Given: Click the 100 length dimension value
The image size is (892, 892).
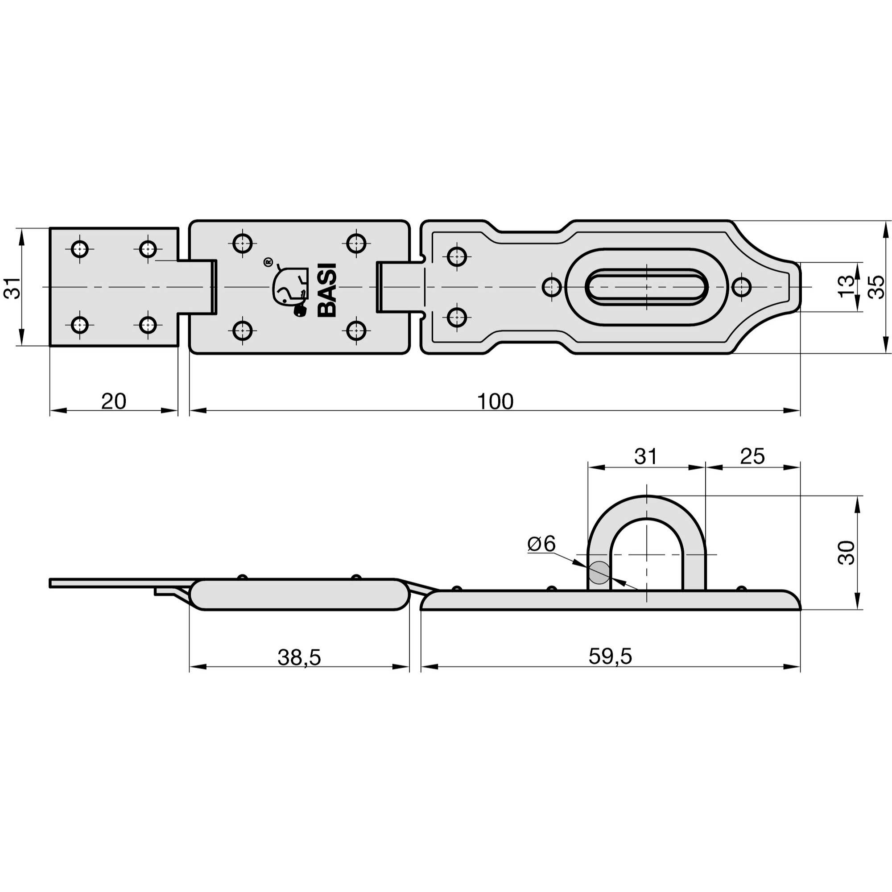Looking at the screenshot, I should click(x=495, y=402).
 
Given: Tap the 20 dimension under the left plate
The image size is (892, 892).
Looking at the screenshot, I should click(x=114, y=402).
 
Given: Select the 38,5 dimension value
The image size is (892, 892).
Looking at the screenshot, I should click(x=299, y=657).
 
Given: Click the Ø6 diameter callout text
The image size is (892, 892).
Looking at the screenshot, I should click(x=541, y=544).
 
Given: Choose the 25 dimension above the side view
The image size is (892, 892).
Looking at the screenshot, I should click(x=752, y=456).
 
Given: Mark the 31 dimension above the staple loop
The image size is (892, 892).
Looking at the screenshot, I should click(x=645, y=456).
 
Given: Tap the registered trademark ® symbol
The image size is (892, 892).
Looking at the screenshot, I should click(x=267, y=262).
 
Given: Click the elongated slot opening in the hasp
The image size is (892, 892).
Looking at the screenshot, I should click(x=646, y=287).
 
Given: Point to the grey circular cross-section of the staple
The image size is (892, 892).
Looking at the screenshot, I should click(x=599, y=573).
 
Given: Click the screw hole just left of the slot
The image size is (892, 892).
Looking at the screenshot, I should click(x=552, y=287).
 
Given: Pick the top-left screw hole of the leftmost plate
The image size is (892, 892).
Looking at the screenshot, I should click(x=80, y=249).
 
